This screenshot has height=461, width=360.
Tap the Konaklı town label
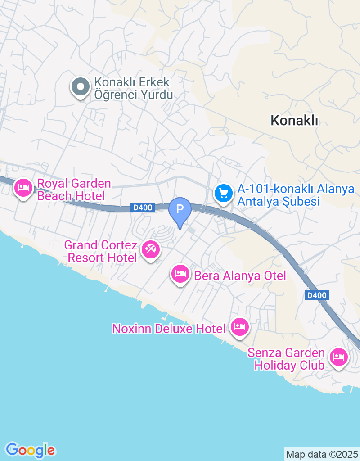pos(294,120)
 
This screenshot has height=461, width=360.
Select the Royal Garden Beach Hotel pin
pos(23,187)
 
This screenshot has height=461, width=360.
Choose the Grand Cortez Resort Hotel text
pos(101,252)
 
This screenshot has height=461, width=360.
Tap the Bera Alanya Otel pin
pos(180,274)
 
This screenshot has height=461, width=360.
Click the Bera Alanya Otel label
pos(240,276)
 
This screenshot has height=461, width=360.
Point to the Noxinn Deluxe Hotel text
pos(168,329)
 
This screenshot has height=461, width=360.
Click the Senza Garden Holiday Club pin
pos(338,357)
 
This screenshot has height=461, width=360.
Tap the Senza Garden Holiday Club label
pos(286,359)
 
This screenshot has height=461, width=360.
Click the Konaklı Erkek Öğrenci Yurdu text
pos(133,89)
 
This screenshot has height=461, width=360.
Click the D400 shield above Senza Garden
pos(317,295)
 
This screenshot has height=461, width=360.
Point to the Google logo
pos(30,450)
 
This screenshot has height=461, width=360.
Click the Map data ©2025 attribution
pos(322,454)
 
